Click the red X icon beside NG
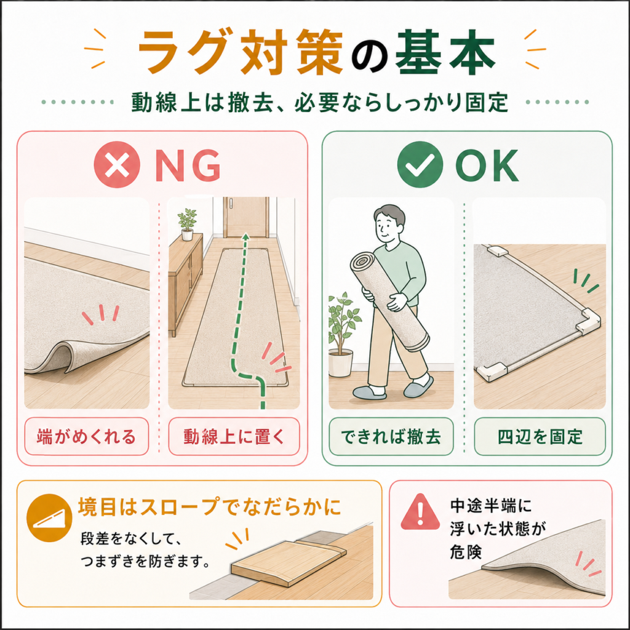click(117, 165)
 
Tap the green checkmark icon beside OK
click(420, 165)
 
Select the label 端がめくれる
click(86, 436)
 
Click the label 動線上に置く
click(234, 436)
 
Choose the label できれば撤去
click(391, 436)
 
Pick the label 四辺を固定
click(540, 436)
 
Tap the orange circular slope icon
click(49, 518)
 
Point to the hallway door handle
click(232, 203)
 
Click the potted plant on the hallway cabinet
click(187, 224)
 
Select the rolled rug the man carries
click(389, 301)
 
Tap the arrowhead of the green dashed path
click(245, 237)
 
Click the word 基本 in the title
click(445, 53)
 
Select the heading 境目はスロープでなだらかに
click(209, 507)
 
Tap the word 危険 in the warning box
click(466, 552)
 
